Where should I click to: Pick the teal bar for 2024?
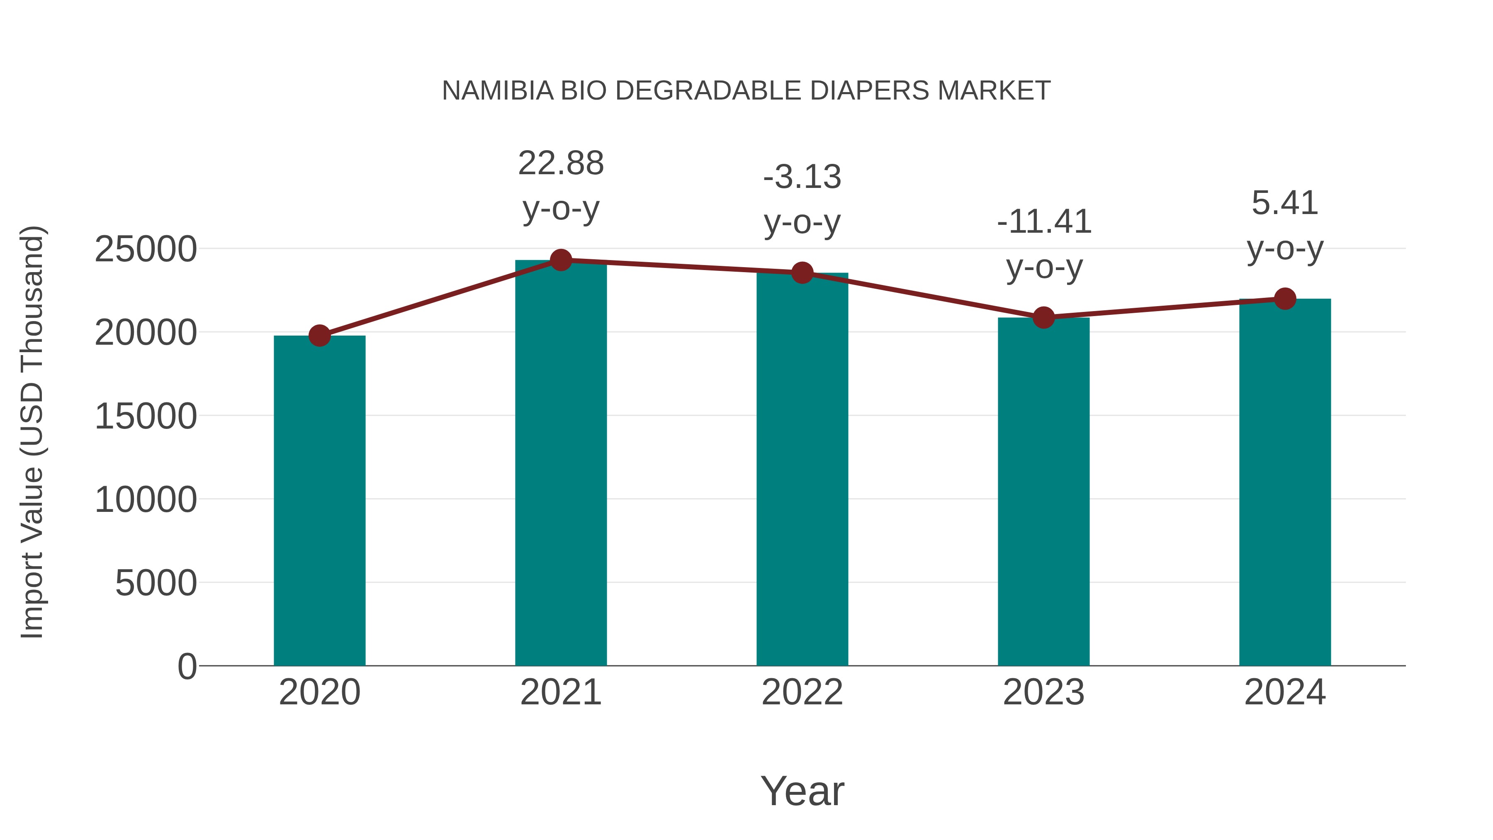tap(1284, 482)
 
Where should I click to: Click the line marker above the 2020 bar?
tap(319, 335)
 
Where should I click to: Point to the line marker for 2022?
tap(802, 273)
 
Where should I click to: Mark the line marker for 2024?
tap(1284, 299)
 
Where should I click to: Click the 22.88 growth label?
tap(560, 163)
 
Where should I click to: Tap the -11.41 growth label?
tap(1044, 222)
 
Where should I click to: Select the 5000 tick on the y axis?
tap(156, 583)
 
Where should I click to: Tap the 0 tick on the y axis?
tap(187, 666)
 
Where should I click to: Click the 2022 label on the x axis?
tap(802, 692)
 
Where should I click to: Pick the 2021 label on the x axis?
tap(560, 692)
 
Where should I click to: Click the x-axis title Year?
tap(802, 791)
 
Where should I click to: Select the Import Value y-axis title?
tap(32, 432)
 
